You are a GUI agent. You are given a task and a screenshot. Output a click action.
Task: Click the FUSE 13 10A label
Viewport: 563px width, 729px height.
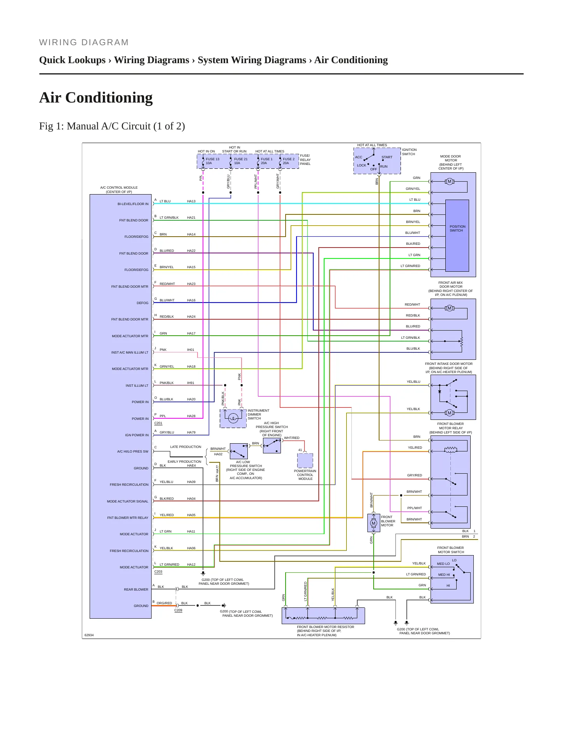(212, 161)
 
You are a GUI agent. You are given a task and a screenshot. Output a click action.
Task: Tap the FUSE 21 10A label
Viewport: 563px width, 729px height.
(241, 161)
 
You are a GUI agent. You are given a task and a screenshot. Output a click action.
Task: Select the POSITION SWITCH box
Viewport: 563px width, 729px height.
(457, 235)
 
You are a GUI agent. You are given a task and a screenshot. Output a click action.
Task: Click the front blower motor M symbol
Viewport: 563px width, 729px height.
(374, 523)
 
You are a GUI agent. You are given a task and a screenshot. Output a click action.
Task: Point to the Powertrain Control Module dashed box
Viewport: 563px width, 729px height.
(305, 460)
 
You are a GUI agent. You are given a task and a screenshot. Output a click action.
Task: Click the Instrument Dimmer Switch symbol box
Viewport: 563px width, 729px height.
(233, 418)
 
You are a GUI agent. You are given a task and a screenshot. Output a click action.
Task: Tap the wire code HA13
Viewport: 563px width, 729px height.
(191, 201)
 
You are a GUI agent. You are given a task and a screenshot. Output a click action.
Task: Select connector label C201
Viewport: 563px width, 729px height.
(158, 423)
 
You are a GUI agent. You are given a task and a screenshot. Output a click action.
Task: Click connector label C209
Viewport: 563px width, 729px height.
(178, 610)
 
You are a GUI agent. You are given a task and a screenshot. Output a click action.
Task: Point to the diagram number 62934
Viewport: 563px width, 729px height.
(89, 635)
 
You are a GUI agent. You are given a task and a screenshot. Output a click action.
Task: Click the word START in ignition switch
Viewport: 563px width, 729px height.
(387, 157)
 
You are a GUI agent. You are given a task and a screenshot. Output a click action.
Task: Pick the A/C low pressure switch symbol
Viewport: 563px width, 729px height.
(239, 451)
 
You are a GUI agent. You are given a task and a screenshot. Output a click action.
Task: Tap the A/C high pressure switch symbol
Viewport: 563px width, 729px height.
(272, 445)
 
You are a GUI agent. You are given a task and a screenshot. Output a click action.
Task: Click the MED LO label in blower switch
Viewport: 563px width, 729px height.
(443, 564)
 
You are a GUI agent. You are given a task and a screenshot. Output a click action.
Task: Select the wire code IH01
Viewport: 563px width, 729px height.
(191, 350)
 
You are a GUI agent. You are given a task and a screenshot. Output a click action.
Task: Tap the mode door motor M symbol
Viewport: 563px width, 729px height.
(449, 181)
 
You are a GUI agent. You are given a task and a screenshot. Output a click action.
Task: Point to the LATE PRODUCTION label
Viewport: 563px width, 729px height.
(185, 447)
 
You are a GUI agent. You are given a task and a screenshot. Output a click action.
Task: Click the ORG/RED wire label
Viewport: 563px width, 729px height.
(164, 603)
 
